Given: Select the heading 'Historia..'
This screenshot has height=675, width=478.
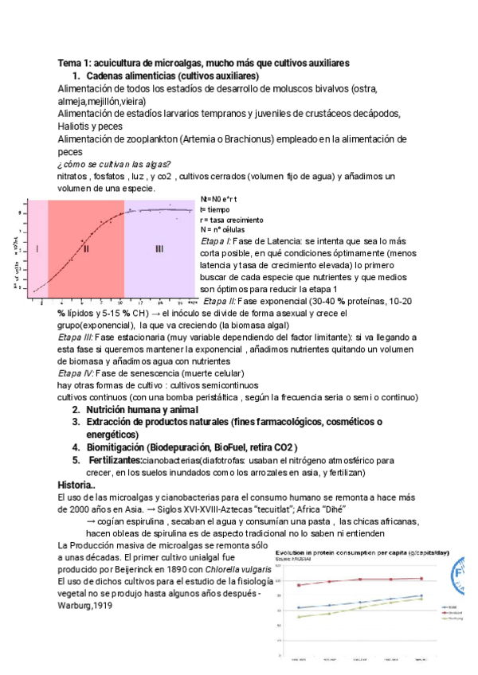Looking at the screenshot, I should [78, 485].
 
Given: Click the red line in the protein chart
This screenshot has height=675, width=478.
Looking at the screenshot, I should [358, 579].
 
